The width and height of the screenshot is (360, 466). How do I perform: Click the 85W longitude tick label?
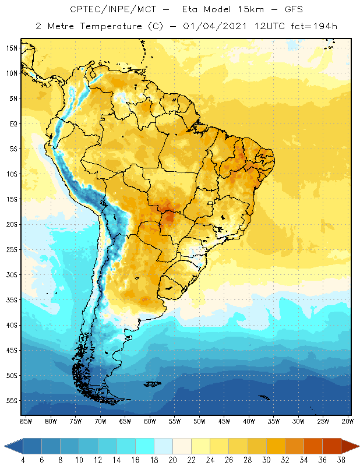(26, 421)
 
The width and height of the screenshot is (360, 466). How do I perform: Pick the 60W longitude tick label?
(150, 421)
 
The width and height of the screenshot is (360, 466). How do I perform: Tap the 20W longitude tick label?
(348, 421)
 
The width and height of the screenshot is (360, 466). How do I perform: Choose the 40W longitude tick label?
(249, 421)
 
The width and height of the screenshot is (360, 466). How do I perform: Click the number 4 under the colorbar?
(23, 460)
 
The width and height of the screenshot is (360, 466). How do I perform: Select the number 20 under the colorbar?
(172, 460)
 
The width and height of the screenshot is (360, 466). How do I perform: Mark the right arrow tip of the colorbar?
(358, 446)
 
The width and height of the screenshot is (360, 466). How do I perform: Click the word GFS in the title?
(281, 10)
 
